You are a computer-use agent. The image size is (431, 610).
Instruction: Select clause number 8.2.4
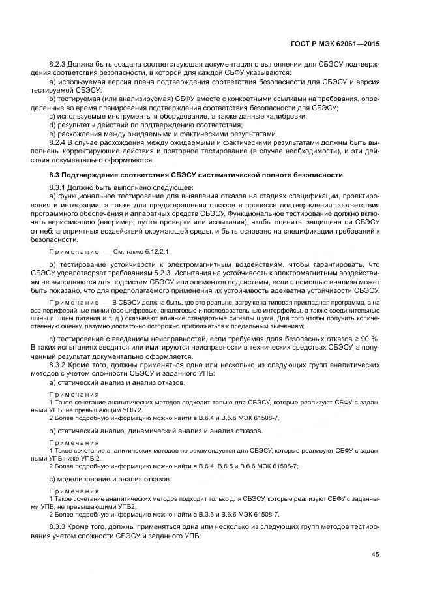click(59, 142)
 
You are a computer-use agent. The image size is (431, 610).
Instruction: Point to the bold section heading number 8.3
click(55, 175)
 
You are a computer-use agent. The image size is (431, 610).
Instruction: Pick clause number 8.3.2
click(59, 366)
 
